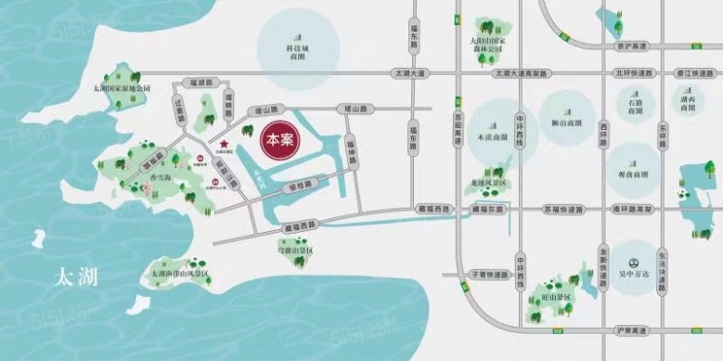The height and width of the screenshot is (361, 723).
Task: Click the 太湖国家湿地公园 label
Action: point(115,88)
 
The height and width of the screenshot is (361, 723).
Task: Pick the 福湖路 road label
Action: point(200,83)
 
